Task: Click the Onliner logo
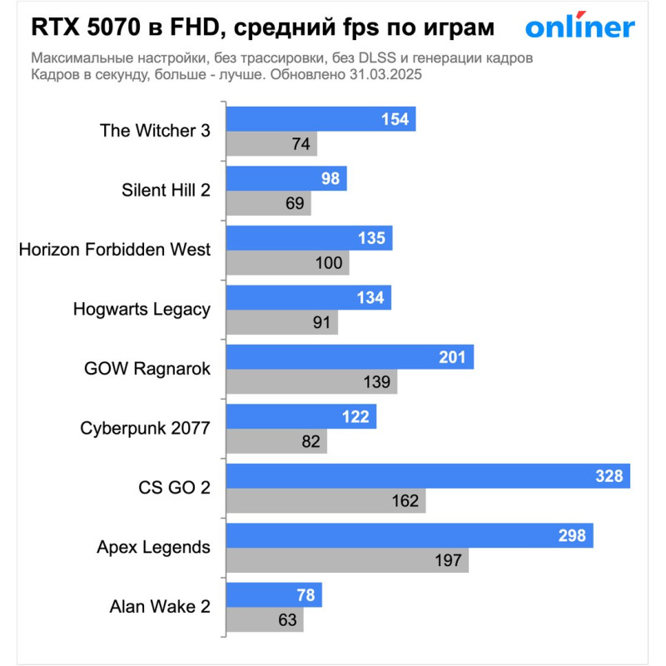click(579, 27)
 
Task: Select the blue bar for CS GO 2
click(427, 476)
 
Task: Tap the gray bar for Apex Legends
click(346, 560)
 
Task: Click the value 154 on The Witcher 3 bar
click(395, 120)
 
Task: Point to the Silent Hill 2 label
click(166, 190)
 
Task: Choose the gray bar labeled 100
click(286, 263)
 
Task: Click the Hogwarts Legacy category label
click(142, 309)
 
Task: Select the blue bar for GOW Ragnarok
click(349, 357)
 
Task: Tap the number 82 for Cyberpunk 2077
click(311, 441)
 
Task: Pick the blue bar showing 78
click(273, 594)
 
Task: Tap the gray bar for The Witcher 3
click(271, 144)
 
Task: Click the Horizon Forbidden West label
click(114, 249)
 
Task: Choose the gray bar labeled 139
click(311, 382)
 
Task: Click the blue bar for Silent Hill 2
click(286, 179)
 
